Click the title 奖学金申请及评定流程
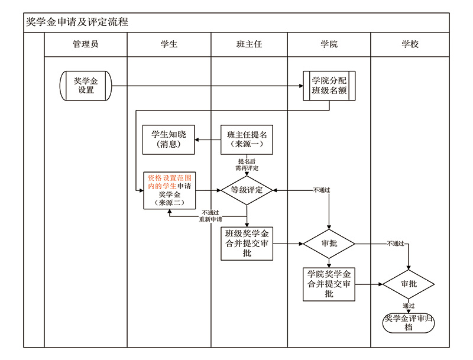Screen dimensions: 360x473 point(77,22)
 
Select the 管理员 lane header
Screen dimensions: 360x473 point(86,44)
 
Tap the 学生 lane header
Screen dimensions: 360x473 point(169,44)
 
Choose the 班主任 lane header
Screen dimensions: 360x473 point(249,44)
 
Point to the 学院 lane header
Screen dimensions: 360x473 point(329,44)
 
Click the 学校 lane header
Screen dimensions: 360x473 point(410,44)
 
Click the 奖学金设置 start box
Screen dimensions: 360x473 point(86,86)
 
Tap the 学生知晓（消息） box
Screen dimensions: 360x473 point(169,140)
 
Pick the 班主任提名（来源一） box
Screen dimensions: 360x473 point(247,140)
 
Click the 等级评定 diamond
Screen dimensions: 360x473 point(247,190)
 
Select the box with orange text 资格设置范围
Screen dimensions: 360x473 point(169,190)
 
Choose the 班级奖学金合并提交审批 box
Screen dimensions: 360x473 point(247,243)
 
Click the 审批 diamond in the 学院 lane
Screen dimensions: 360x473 point(329,244)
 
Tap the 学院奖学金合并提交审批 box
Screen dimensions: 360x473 point(329,284)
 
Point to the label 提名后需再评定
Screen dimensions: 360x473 point(247,164)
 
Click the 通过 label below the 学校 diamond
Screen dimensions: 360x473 point(409,306)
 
